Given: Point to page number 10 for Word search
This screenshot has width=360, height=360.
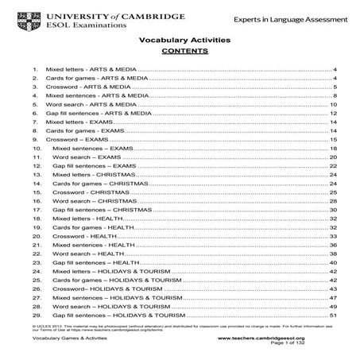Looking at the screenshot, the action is [333, 105].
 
